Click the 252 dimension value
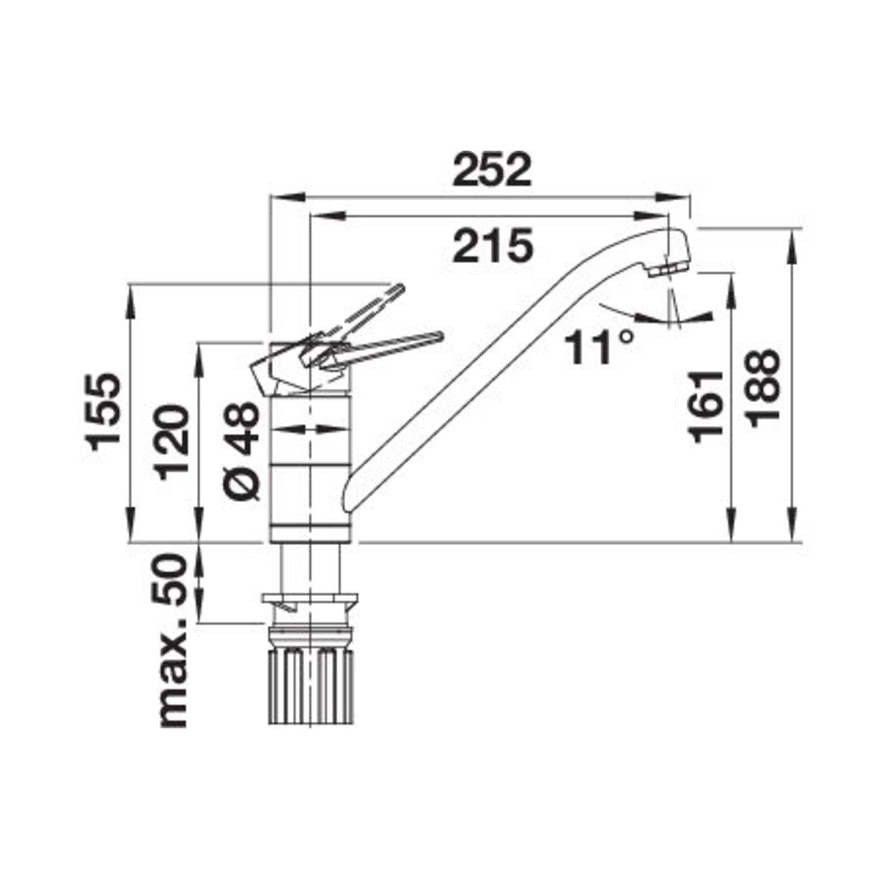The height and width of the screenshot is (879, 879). coord(493,170)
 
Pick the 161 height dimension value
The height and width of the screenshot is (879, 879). coord(707,406)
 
